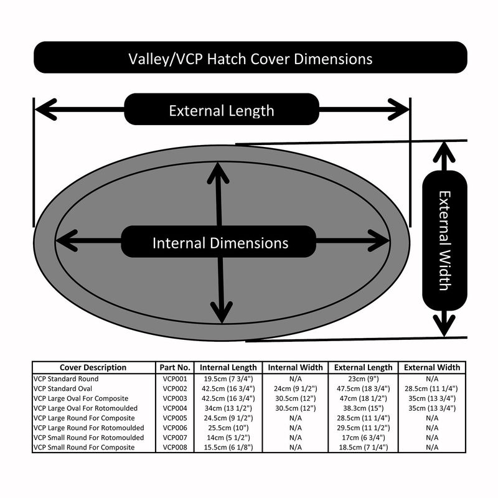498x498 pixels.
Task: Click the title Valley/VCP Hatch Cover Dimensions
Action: (x=250, y=59)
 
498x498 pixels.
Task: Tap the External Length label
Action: (x=222, y=110)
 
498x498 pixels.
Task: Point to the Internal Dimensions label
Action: (x=220, y=242)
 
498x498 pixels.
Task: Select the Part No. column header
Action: (x=175, y=367)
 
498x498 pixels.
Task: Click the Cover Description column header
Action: (x=93, y=367)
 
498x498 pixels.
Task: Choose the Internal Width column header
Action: (x=295, y=367)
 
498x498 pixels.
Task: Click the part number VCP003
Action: (x=175, y=398)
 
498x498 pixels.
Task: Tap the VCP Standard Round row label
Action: (x=66, y=378)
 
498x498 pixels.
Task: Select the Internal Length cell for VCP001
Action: (x=228, y=378)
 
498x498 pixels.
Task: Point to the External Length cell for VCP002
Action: (x=362, y=388)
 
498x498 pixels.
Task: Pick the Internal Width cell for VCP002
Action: (x=295, y=388)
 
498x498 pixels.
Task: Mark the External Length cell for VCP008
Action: (x=362, y=448)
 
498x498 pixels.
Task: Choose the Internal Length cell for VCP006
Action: (x=228, y=428)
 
